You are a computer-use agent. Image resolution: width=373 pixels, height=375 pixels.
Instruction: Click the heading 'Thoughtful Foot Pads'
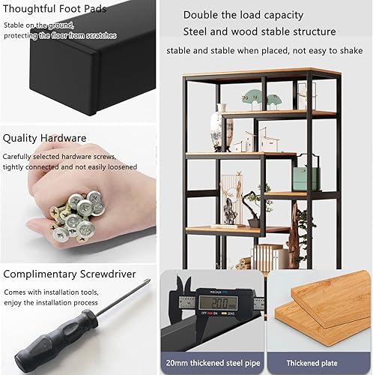pos(55,9)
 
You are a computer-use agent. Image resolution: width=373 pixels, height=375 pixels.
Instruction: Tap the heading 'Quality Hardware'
pos(44,138)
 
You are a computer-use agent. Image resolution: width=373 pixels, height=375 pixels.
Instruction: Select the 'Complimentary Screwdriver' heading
pos(70,274)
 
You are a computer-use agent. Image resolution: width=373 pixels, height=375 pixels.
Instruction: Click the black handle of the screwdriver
pos(55,337)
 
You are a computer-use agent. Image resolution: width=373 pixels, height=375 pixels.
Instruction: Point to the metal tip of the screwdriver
pos(148,280)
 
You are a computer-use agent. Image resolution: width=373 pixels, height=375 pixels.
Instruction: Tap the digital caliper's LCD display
pos(218,303)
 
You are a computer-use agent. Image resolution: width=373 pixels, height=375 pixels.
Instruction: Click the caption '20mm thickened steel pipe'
pos(213,363)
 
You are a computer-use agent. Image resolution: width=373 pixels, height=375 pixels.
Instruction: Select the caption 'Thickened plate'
pos(312,363)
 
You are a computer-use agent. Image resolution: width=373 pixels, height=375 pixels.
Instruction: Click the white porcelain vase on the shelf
pos(219,129)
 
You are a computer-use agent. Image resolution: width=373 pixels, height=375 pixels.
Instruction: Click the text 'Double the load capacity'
pos(243,15)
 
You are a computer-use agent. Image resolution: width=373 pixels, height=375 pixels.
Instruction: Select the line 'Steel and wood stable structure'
pos(259,31)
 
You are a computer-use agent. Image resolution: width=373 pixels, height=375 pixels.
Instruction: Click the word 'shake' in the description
pos(351,51)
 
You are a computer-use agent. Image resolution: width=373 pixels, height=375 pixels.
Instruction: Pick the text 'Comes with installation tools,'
pos(51,292)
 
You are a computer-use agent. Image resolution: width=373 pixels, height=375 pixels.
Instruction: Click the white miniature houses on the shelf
pos(258,140)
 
